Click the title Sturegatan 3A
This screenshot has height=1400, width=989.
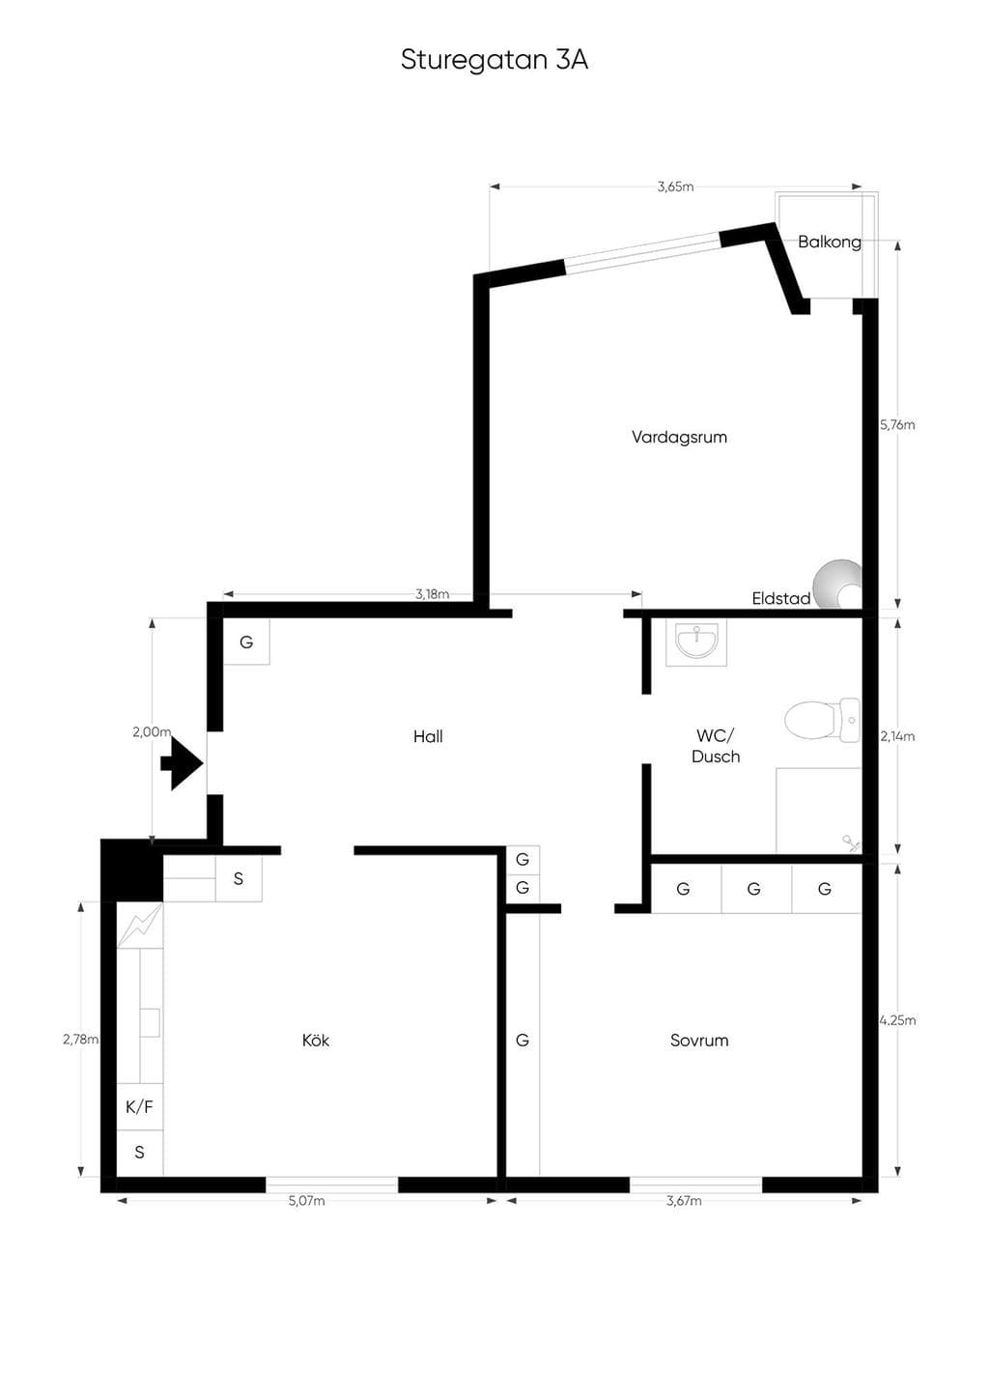[494, 61]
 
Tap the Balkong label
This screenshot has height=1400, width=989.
[829, 242]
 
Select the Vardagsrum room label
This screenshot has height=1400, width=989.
[679, 437]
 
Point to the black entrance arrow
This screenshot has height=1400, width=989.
[183, 763]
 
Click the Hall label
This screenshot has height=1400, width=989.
[428, 736]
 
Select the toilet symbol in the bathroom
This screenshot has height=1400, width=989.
[822, 720]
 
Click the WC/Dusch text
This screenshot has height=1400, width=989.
[716, 746]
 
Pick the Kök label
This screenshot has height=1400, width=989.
[316, 1040]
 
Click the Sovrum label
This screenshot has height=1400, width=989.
[699, 1040]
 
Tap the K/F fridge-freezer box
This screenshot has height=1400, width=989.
[140, 1107]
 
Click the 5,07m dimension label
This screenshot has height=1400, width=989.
[306, 1201]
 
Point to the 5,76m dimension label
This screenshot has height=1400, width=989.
[897, 425]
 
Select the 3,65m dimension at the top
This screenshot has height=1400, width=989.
[675, 186]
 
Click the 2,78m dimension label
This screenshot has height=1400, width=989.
[80, 1040]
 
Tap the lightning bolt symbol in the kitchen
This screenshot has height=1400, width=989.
[140, 925]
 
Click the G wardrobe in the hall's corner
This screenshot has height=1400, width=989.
[247, 642]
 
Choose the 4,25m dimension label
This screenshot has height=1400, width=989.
[898, 1020]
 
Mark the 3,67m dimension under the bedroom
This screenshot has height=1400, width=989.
[684, 1201]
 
